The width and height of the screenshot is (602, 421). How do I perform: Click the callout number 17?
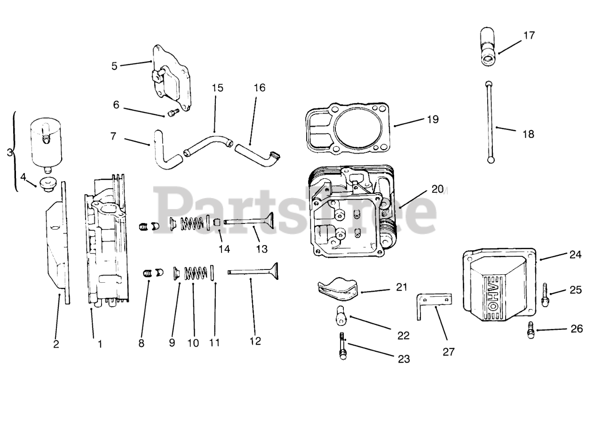[x=529, y=35]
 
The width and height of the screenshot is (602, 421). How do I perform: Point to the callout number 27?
[x=449, y=351]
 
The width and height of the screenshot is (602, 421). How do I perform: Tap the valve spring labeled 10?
[x=196, y=273]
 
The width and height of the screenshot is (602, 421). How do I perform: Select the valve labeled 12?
[x=254, y=271]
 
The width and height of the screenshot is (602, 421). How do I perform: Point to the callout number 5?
[x=114, y=65]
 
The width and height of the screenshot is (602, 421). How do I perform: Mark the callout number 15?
[x=217, y=88]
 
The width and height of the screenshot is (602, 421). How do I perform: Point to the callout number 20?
[x=437, y=189]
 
